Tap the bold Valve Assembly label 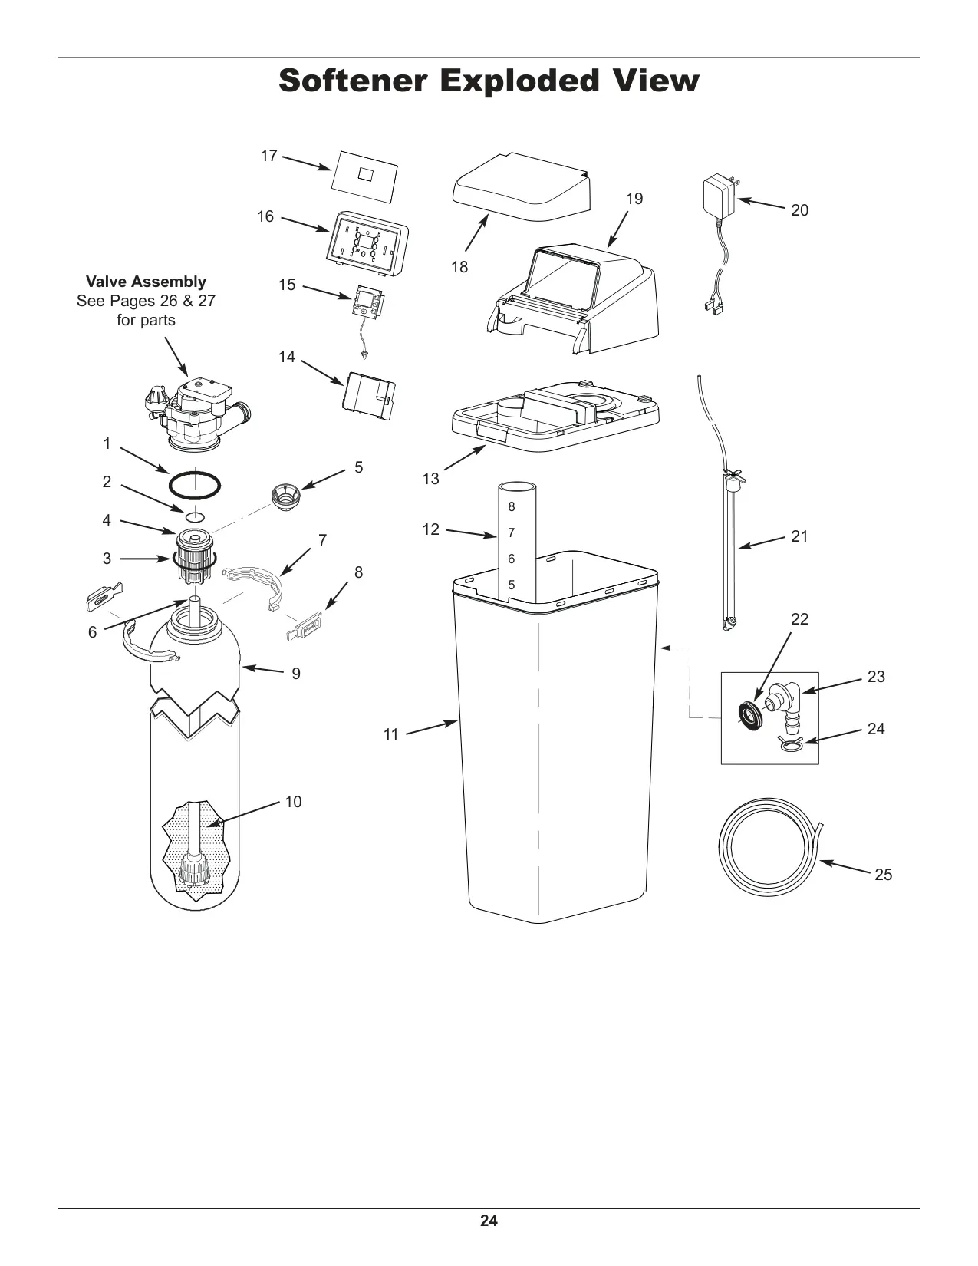coord(146,282)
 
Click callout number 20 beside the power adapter coord(799,209)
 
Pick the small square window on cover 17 coord(367,174)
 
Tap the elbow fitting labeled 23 coord(782,707)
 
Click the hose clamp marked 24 coord(792,743)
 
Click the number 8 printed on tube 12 coord(512,507)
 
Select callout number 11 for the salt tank coord(391,734)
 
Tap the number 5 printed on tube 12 coord(512,585)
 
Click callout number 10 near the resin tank coord(293,802)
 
